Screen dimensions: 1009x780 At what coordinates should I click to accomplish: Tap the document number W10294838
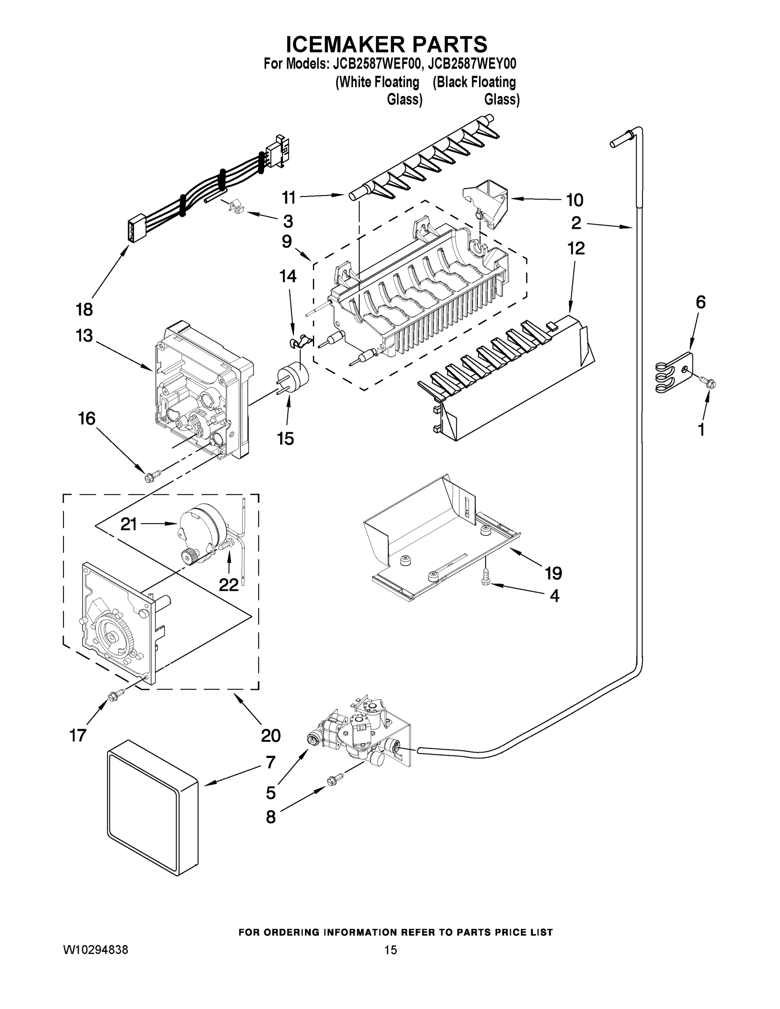pos(95,950)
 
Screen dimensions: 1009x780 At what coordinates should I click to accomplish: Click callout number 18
pos(85,309)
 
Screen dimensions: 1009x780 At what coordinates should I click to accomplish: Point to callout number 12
pos(576,248)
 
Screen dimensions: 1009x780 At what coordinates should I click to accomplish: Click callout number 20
pos(271,735)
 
